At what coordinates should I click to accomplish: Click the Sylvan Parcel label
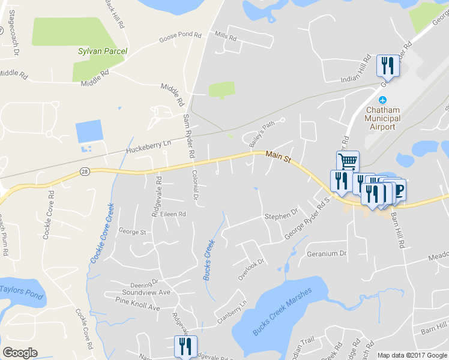coord(102,51)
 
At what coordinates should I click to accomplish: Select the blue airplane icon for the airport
coord(383,100)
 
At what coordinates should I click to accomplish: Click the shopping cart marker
coord(347,161)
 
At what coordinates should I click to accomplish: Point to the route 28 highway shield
coord(84,172)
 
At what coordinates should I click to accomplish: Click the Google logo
coord(20,353)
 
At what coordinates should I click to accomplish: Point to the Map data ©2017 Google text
coord(412,355)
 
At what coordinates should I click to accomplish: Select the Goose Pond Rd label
coord(180,37)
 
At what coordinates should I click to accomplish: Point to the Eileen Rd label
coord(173,214)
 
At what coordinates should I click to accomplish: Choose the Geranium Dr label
coord(327,253)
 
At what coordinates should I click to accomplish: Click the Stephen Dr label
coord(281,214)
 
